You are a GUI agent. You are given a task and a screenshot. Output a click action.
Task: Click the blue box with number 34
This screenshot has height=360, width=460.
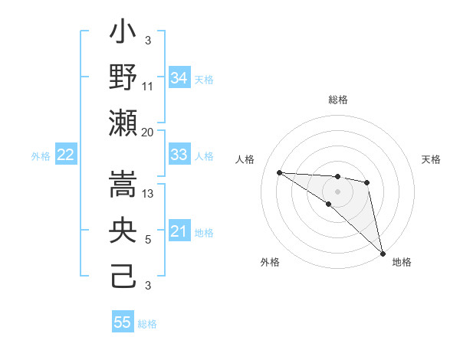coord(179,78)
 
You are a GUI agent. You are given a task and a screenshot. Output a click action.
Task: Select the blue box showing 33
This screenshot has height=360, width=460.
coord(179,155)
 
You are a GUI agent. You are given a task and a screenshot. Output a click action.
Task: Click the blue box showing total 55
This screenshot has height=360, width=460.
coord(123,322)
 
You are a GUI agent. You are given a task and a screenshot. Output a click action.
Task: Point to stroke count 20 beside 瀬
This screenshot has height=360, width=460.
coord(148,132)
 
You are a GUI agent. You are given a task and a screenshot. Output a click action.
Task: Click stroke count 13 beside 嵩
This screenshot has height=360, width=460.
coord(149,194)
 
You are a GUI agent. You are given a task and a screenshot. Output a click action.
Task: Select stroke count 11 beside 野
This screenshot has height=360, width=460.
coord(148,86)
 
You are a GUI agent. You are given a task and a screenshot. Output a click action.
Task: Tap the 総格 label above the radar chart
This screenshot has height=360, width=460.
coord(338,100)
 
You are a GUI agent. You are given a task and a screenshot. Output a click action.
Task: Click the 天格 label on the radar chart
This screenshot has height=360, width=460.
coord(432,159)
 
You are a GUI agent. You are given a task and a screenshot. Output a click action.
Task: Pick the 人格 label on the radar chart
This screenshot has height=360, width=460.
coord(245,159)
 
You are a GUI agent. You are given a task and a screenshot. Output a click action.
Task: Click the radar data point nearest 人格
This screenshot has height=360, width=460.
coord(279,172)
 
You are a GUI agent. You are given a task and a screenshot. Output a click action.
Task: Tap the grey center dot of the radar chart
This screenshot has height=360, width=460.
coord(338,191)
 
